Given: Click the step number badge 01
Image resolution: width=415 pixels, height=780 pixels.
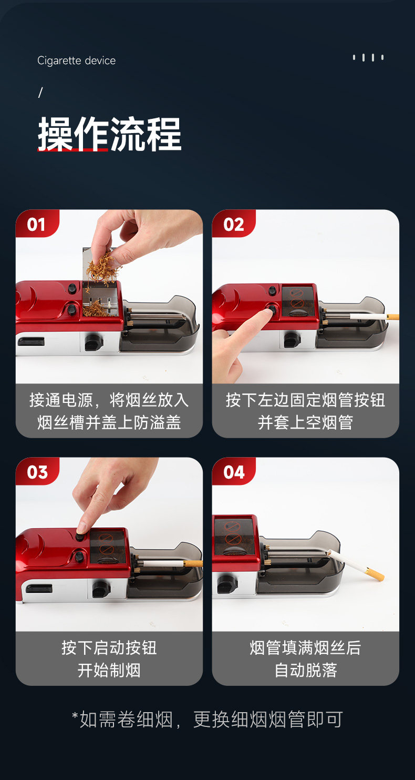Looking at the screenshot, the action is (36, 224).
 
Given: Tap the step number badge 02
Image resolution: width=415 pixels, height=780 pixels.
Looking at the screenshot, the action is (233, 224).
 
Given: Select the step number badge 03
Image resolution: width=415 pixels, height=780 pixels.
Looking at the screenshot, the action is (37, 472).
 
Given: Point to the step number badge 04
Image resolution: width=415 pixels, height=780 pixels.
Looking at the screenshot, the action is (233, 472).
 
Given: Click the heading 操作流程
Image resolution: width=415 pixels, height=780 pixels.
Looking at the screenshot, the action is (110, 134).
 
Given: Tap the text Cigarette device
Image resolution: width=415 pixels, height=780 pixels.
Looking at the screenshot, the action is (77, 60).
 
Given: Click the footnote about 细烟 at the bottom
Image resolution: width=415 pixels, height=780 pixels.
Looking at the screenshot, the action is (207, 719).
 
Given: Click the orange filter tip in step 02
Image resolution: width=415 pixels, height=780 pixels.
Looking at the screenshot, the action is (393, 317).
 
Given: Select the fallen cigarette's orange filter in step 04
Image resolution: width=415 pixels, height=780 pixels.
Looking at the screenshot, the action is (375, 574).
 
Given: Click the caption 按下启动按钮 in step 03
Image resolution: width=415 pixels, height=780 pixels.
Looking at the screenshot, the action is (109, 648).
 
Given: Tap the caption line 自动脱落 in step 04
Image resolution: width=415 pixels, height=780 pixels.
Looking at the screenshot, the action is (306, 670).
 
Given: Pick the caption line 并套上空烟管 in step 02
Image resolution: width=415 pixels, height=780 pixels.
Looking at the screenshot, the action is (305, 422).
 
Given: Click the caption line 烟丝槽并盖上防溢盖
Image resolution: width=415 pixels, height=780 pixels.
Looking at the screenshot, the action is (109, 422).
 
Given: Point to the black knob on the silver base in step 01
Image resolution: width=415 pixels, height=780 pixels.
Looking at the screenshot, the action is (94, 342).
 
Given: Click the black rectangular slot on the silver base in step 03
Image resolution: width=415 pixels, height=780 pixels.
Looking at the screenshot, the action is (39, 589).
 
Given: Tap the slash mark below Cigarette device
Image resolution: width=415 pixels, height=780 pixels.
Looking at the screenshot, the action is (40, 93).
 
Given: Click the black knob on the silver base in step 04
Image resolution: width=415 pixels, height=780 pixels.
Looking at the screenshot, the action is (227, 584).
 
